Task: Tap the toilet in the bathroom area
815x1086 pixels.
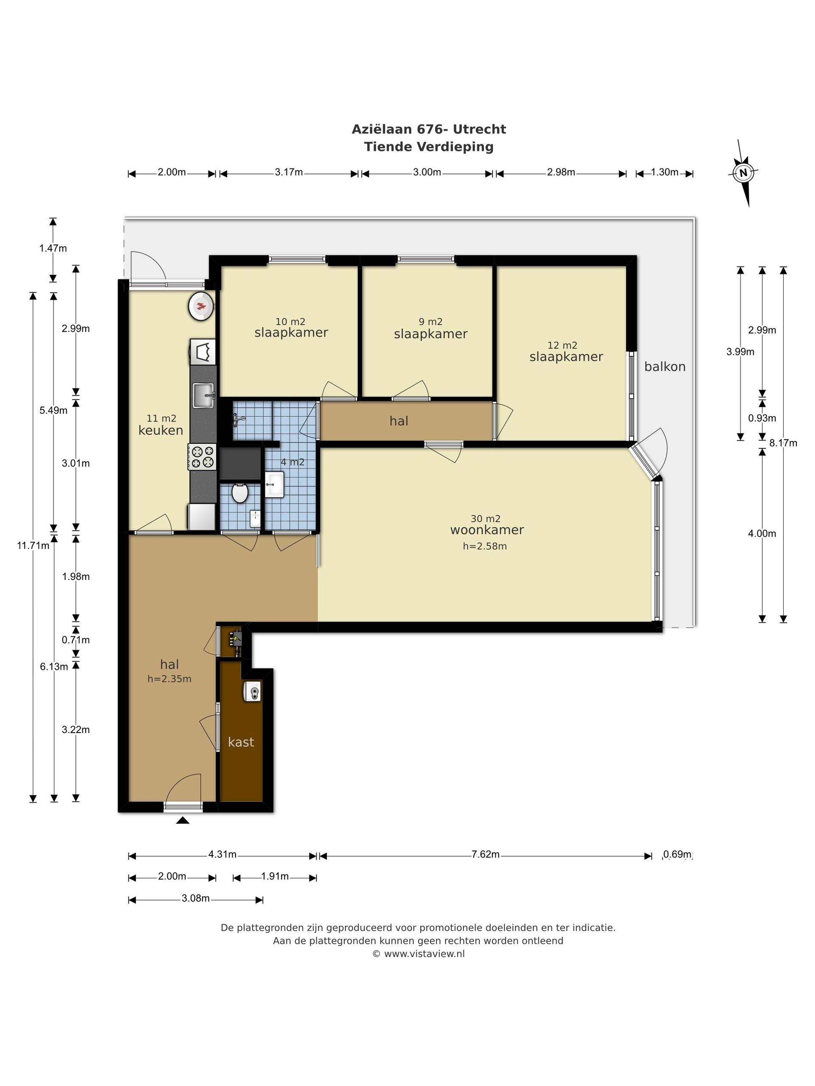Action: point(240,493)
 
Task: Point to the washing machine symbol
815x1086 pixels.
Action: point(203,352)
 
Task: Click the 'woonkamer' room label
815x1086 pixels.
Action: point(487,530)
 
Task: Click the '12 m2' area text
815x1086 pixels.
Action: point(562,346)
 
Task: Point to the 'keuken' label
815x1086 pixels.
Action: point(160,430)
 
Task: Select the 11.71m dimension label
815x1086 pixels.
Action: point(33,545)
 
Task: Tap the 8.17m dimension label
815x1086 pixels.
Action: point(783,443)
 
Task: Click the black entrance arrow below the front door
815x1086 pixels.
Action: point(183,820)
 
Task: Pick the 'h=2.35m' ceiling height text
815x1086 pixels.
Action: point(169,679)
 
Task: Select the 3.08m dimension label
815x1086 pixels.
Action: point(196,898)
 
